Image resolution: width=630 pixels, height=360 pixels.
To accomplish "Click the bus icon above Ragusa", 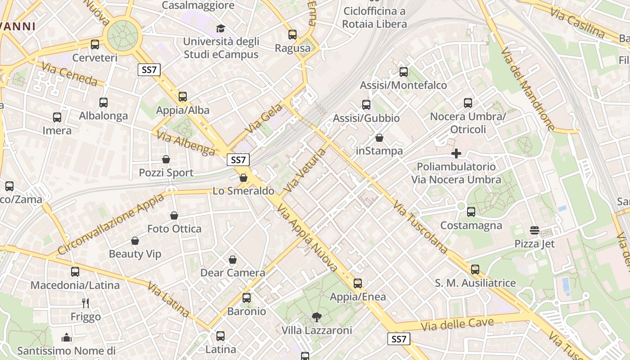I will tap(292, 34).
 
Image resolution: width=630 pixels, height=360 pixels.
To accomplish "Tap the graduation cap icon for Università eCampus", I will tap(220, 28).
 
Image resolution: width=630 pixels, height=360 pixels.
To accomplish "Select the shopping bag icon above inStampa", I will tap(379, 138).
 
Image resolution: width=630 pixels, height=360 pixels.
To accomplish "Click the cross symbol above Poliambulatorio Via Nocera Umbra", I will tap(456, 153).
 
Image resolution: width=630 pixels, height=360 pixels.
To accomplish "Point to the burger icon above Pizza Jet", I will tap(535, 230).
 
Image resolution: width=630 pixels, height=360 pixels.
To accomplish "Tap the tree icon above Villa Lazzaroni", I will tap(316, 317).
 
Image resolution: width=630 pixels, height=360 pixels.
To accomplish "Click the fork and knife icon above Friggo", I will tap(85, 303).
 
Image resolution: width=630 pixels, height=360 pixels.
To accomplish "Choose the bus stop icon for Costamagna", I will tap(471, 211).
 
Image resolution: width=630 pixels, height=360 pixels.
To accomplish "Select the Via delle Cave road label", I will tap(458, 324).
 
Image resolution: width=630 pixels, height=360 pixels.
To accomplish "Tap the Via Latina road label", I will tap(167, 299).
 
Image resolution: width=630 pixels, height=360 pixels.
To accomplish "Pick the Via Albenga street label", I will tap(186, 143).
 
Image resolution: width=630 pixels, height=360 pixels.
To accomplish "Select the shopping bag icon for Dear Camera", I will tap(233, 260).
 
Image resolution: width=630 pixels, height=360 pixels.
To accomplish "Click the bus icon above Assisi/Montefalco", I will tap(404, 72).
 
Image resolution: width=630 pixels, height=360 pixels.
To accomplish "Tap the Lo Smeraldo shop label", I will tap(243, 191).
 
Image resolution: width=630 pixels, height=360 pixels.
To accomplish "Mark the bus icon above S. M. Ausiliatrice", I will tap(475, 270).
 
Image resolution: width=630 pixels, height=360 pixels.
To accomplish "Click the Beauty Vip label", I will tap(135, 254).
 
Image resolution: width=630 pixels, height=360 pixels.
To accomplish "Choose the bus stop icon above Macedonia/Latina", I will tap(75, 272).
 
